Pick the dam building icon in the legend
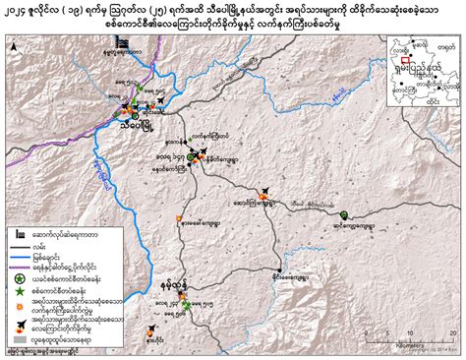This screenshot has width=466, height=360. coord(19,236)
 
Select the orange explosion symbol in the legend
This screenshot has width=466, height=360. coord(19,331)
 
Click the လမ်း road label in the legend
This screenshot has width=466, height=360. coord(43,251)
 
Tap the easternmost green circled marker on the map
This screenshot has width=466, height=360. coord(344,214)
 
